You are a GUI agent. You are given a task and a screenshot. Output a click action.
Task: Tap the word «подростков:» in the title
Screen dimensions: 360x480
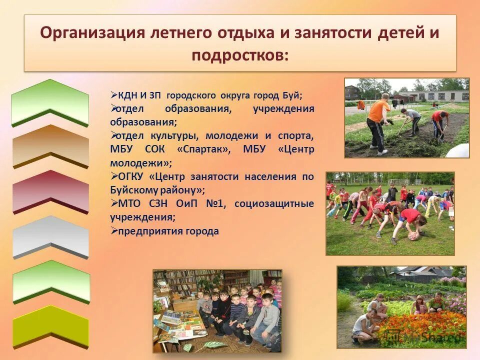(x=240, y=55)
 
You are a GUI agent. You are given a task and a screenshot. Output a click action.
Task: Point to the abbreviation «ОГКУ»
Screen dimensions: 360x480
(x=130, y=177)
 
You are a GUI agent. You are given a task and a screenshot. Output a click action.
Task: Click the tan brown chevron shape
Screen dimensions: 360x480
(x=50, y=146)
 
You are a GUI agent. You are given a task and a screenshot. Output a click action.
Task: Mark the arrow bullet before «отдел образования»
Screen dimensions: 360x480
(x=113, y=108)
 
